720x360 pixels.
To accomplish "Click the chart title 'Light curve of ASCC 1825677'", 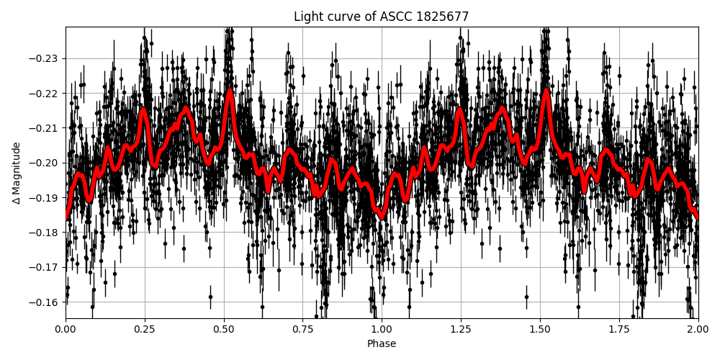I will pyautogui.click(x=381, y=17).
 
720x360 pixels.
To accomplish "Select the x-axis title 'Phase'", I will pyautogui.click(x=382, y=344).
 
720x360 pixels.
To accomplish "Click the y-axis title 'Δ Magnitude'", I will pyautogui.click(x=17, y=173).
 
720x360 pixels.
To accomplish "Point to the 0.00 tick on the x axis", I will pyautogui.click(x=66, y=330).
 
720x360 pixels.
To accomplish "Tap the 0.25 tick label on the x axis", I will pyautogui.click(x=145, y=330).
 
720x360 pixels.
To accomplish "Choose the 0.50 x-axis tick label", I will pyautogui.click(x=224, y=330).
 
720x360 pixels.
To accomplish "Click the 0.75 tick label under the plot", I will pyautogui.click(x=302, y=330).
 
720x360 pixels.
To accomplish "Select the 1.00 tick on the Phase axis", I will pyautogui.click(x=382, y=330).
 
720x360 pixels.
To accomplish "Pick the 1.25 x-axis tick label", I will pyautogui.click(x=461, y=330).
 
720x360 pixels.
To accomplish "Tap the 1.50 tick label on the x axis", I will pyautogui.click(x=540, y=330).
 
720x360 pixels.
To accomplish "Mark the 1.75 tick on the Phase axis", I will pyautogui.click(x=619, y=330).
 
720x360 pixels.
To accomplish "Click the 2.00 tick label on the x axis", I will pyautogui.click(x=698, y=330).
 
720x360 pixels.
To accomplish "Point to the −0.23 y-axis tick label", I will pyautogui.click(x=42, y=58).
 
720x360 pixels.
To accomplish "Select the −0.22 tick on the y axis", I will pyautogui.click(x=42, y=94).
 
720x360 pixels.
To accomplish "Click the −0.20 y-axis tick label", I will pyautogui.click(x=42, y=163).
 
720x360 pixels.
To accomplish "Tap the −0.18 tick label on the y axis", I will pyautogui.click(x=42, y=233).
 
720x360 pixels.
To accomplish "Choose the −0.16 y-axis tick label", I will pyautogui.click(x=42, y=302).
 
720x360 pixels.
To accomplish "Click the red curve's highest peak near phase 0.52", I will pyautogui.click(x=230, y=91).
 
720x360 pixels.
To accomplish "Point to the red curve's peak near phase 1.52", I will pyautogui.click(x=546, y=91).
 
